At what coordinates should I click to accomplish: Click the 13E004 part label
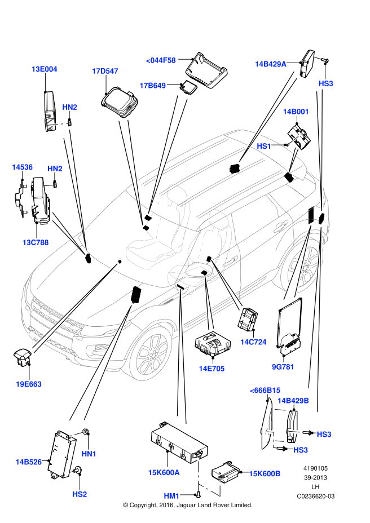(44, 69)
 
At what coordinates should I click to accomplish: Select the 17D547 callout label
(105, 71)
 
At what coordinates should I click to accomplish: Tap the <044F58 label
(161, 60)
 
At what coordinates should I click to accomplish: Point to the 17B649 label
(152, 86)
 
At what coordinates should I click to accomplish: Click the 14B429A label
(271, 64)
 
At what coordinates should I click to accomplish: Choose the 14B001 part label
(296, 112)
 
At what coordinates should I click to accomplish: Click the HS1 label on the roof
(264, 146)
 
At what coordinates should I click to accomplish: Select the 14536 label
(23, 167)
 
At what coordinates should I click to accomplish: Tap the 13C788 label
(36, 242)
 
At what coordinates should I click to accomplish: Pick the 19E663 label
(29, 384)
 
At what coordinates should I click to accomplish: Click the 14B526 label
(28, 462)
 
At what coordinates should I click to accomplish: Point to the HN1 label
(89, 454)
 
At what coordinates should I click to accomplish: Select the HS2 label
(80, 494)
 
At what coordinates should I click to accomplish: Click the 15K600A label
(164, 472)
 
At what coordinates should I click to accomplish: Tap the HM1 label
(171, 496)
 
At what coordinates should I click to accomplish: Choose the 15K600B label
(265, 473)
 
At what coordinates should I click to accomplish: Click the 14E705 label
(212, 369)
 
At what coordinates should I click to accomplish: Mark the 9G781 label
(283, 367)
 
